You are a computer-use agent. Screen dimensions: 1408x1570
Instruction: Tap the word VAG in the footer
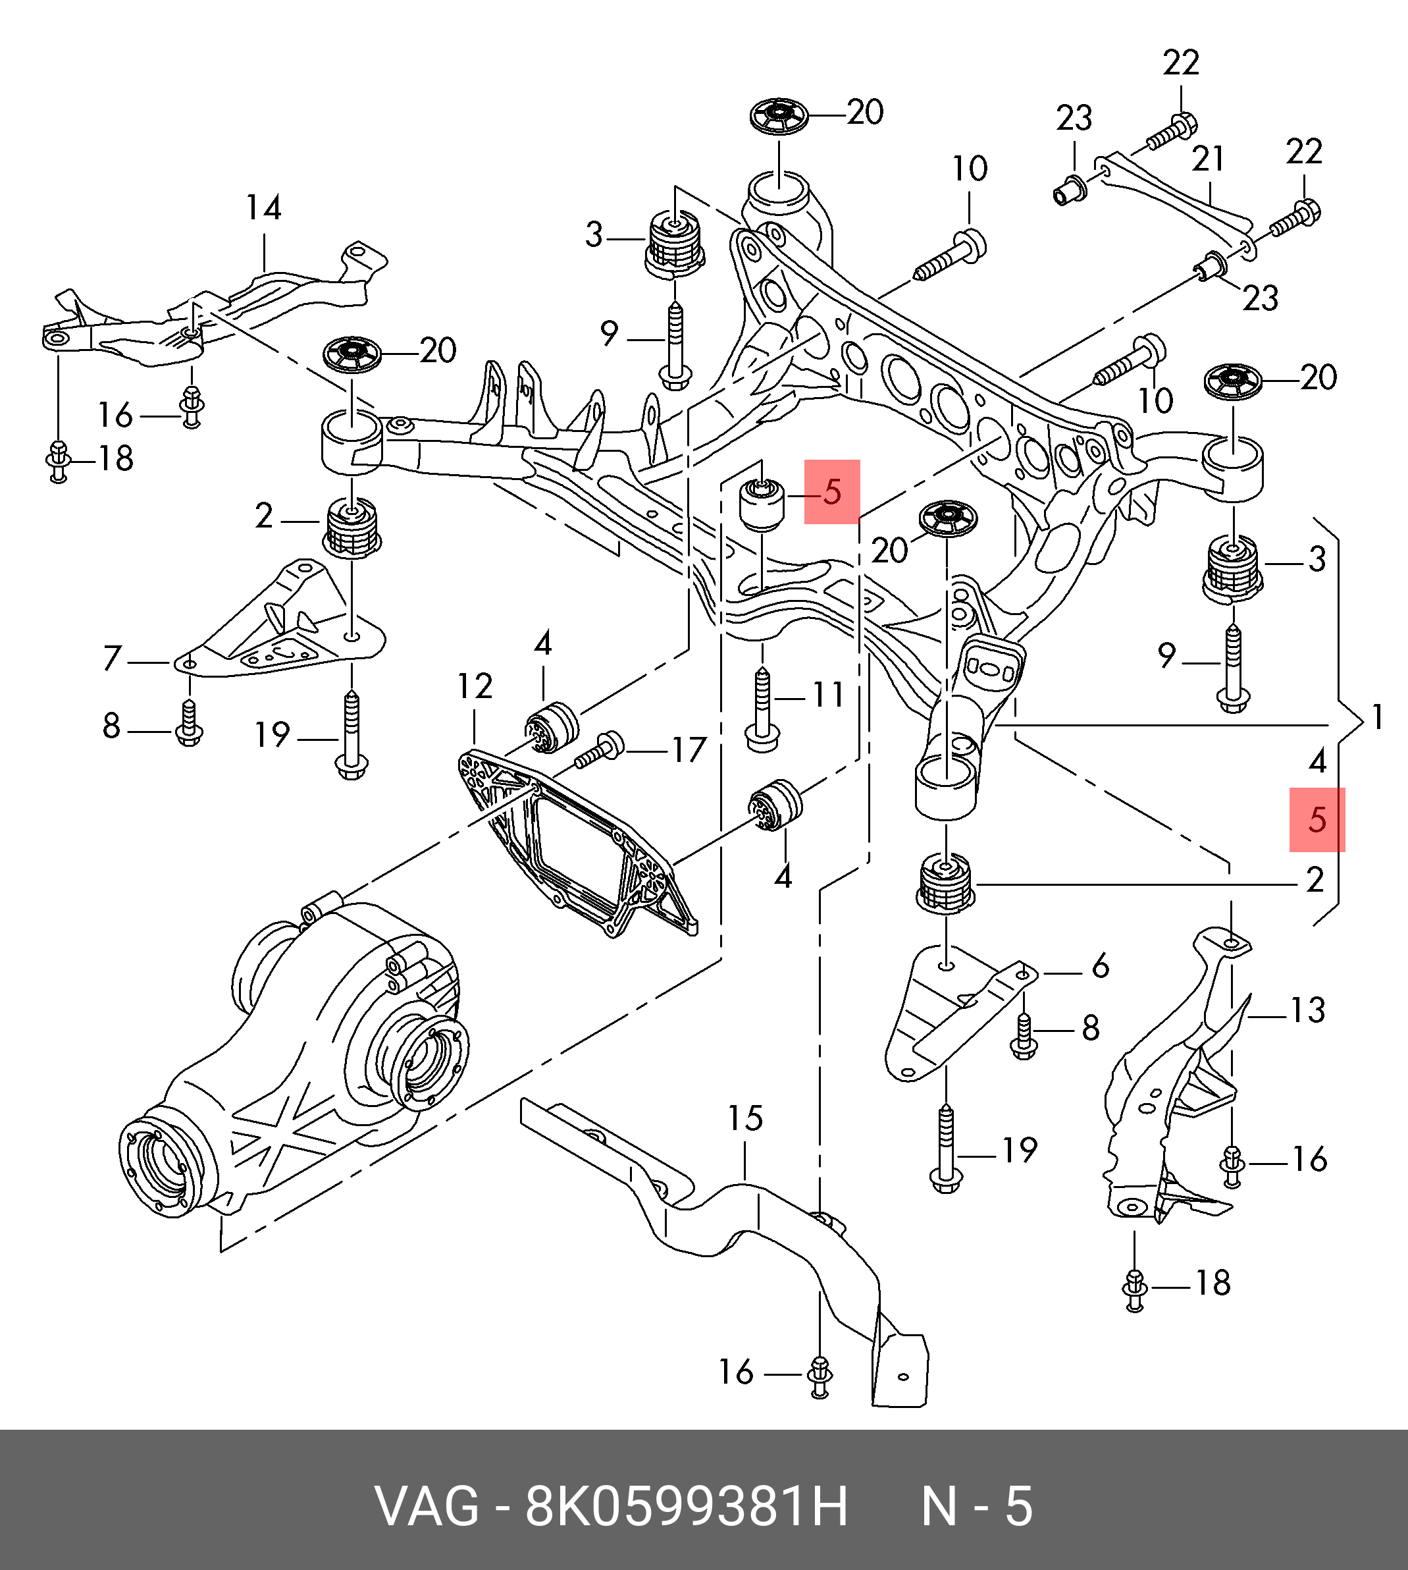427,1507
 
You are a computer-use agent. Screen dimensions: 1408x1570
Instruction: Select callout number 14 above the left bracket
263,207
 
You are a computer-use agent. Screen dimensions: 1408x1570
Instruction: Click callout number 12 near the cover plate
474,686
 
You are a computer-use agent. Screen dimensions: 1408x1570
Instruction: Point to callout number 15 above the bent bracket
745,1118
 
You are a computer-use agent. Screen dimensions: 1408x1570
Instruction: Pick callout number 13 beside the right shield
1307,1009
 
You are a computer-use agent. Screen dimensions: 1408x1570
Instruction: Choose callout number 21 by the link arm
1208,159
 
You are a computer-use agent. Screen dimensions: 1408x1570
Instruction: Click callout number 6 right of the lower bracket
1100,965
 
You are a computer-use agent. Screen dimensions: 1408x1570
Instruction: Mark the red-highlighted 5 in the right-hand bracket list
1317,819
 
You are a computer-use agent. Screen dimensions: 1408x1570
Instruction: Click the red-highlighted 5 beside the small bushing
831,491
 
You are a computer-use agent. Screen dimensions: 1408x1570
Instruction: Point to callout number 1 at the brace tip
1377,717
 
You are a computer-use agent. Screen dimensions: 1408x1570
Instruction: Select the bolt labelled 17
600,749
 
